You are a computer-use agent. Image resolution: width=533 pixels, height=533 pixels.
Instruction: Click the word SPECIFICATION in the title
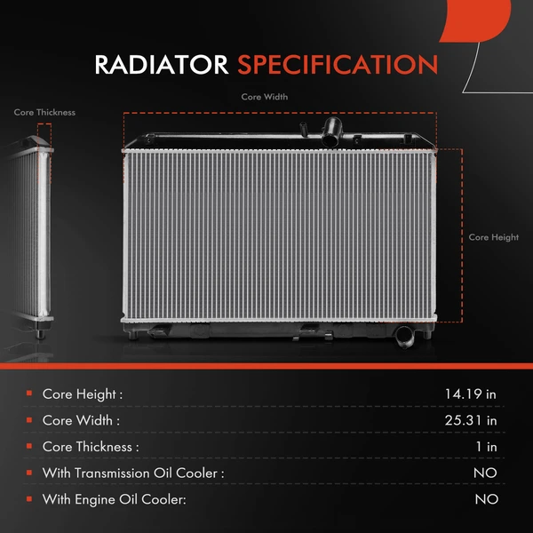click(x=338, y=65)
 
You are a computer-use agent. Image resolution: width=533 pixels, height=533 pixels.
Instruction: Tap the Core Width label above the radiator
click(x=265, y=97)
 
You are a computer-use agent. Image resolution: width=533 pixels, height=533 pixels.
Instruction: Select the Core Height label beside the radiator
click(x=493, y=237)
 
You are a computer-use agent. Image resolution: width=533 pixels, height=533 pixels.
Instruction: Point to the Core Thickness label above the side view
click(x=44, y=113)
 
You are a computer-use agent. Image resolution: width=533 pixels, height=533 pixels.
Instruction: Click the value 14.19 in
click(x=471, y=394)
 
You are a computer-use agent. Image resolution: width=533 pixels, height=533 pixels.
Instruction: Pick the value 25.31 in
click(x=471, y=420)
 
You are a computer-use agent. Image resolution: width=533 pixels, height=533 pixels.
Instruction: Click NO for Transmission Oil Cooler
click(x=485, y=473)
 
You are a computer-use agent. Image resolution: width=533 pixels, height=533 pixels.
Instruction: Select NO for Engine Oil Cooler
click(x=485, y=500)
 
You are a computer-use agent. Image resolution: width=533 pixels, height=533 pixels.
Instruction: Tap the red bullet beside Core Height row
click(x=29, y=394)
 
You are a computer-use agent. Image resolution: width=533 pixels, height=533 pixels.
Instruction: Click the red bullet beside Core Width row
click(x=29, y=420)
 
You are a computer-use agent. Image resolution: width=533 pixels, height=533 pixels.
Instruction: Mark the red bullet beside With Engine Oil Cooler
click(x=29, y=500)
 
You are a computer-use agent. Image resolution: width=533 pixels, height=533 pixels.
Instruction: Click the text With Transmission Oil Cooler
click(x=133, y=473)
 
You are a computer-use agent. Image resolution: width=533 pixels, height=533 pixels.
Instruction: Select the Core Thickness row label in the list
click(x=91, y=447)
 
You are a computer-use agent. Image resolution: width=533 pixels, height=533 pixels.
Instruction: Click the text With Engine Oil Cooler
click(x=115, y=500)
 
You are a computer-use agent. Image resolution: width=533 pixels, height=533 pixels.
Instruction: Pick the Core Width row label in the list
click(x=81, y=420)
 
